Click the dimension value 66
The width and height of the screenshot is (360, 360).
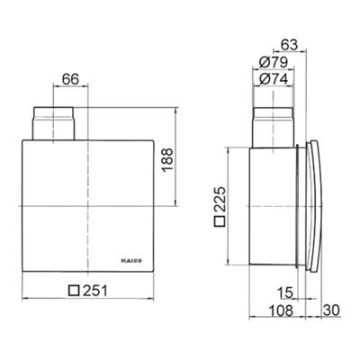[x=70, y=79]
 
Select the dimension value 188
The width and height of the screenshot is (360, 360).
[x=167, y=160]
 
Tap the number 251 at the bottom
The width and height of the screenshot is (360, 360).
[x=94, y=291]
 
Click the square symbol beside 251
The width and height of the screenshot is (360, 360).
[x=74, y=291]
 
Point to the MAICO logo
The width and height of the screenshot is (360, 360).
[x=132, y=261]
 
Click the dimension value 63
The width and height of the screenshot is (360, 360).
[x=290, y=45]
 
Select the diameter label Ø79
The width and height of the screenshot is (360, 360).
[x=274, y=62]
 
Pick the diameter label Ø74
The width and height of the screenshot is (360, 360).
[x=274, y=79]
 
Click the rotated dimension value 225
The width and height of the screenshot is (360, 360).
[x=220, y=199]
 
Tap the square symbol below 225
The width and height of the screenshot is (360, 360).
[x=220, y=221]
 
